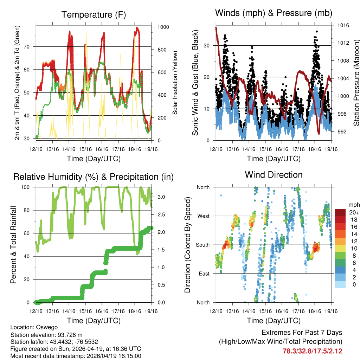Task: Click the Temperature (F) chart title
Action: tap(94, 15)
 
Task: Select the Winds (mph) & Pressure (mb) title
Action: tap(274, 13)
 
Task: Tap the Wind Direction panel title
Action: tap(274, 175)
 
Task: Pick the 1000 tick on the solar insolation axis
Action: tap(163, 27)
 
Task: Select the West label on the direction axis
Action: tap(203, 216)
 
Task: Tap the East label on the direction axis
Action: tap(204, 274)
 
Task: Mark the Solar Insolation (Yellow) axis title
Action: tap(175, 83)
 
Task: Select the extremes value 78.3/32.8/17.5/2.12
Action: tap(312, 351)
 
